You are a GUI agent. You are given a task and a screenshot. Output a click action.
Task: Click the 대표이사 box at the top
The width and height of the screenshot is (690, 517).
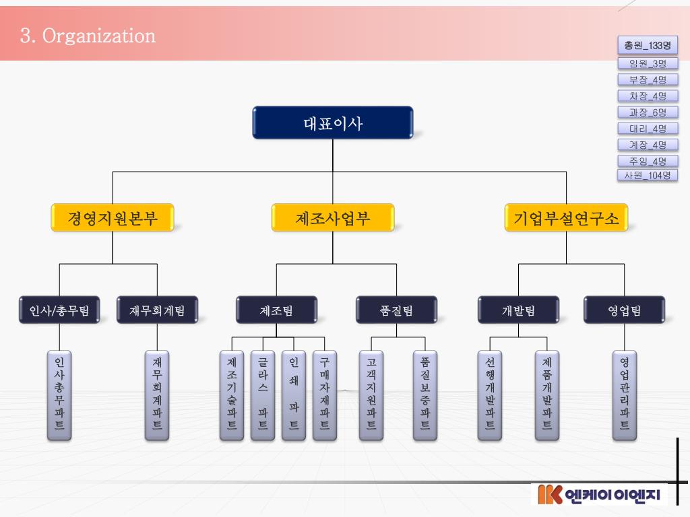pos(333,123)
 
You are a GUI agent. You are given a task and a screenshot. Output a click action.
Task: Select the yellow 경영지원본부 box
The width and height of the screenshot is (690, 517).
pos(113,218)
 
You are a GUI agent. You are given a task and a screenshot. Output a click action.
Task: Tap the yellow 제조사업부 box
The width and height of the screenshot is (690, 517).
pos(333,218)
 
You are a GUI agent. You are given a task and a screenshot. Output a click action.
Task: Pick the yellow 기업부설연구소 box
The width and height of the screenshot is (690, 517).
pos(566,218)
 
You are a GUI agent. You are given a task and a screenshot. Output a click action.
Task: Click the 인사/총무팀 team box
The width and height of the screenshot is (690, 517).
pos(59,310)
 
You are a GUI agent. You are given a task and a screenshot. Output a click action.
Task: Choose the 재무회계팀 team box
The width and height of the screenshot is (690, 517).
pos(157,310)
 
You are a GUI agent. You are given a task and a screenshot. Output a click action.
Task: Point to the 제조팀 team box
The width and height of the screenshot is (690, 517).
pos(276,310)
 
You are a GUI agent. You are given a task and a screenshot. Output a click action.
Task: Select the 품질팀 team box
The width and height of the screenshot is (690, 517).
pos(396,310)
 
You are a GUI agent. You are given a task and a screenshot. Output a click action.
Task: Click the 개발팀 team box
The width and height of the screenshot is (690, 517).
pos(518,310)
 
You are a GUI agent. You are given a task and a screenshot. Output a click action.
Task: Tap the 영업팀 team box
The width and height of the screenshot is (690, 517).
pos(624,310)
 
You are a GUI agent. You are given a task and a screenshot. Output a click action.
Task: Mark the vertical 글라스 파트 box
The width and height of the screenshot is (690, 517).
pos(263,394)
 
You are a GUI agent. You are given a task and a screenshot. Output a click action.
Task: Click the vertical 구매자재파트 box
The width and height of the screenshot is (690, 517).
pos(325,394)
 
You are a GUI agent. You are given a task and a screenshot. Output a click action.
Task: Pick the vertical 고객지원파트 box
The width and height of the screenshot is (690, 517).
pos(371,394)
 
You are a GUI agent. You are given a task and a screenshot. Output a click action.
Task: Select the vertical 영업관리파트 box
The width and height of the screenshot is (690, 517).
pos(624,394)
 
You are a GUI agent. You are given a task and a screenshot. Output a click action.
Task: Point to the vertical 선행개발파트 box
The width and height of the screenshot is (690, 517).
pos(490,394)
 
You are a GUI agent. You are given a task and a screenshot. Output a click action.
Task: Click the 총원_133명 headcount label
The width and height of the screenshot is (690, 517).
pos(648,46)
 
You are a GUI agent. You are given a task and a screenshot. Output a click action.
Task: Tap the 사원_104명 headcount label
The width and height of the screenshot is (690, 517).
pos(648,175)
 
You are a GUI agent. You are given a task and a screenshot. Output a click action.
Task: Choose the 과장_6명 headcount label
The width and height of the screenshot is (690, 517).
pos(648,112)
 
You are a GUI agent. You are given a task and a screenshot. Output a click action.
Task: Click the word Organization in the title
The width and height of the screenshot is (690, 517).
pos(98,36)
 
